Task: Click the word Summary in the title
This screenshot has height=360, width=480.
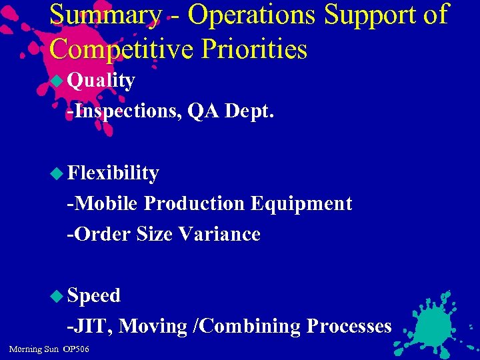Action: click(105, 15)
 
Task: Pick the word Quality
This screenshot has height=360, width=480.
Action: click(101, 81)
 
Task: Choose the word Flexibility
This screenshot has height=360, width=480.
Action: click(113, 173)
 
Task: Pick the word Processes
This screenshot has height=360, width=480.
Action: click(349, 326)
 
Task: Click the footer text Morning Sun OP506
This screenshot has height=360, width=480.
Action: click(49, 349)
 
